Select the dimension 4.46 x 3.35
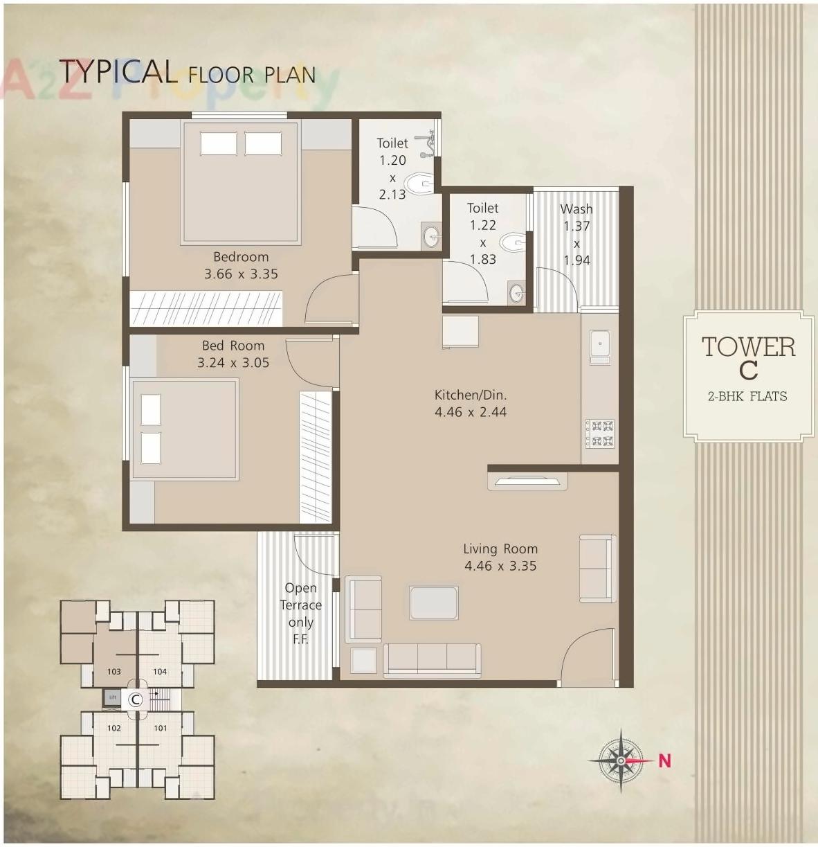500,566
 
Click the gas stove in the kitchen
600,432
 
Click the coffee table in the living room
433,603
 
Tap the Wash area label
576,209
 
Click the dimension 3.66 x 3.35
241,274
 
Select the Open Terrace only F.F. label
301,614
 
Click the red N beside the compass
664,760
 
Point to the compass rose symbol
621,760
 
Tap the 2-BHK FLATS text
747,397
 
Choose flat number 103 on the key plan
114,671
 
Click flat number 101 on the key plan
160,728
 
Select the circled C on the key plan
136,699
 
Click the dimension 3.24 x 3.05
233,362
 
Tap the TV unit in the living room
527,481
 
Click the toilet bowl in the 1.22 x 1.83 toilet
512,242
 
